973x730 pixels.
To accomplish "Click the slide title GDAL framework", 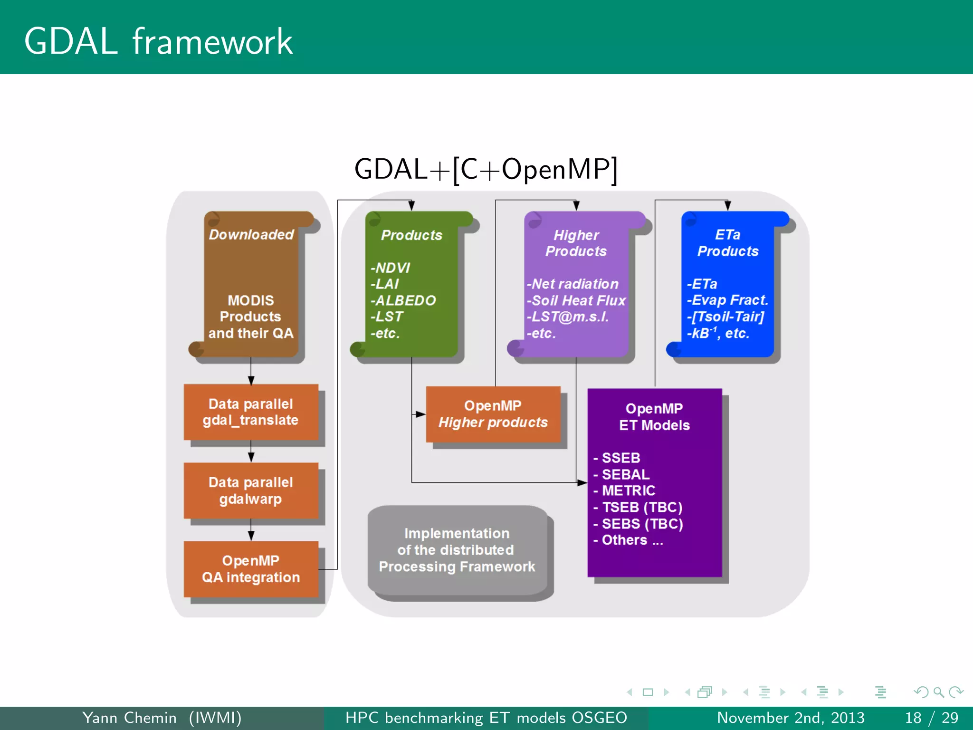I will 158,42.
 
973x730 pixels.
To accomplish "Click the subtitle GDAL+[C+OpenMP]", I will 486,169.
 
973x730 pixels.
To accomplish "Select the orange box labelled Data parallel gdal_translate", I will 251,412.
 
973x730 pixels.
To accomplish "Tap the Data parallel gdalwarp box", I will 251,490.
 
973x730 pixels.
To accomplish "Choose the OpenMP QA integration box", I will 251,569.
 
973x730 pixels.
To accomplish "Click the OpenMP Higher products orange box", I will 493,414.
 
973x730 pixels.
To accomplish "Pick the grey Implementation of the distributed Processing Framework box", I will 457,550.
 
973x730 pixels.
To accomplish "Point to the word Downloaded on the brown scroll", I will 251,234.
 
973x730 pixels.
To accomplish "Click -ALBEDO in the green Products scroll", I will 403,300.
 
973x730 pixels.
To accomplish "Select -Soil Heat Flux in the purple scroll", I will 576,300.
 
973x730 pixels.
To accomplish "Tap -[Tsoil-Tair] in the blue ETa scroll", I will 725,317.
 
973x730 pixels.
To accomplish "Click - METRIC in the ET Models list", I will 624,490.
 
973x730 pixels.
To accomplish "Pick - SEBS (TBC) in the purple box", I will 638,524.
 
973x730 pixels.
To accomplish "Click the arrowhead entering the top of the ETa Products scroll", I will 727,206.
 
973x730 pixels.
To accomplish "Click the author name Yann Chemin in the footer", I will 129,718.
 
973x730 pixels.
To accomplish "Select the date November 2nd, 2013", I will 791,718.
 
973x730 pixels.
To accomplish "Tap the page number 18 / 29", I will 931,718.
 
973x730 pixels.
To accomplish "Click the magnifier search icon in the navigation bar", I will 938,692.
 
